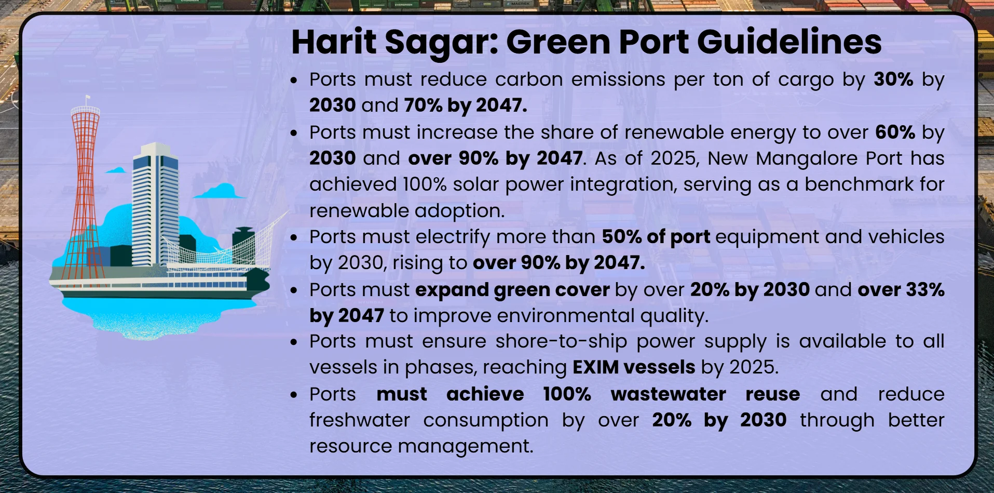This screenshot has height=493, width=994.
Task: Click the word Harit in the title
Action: tap(334, 42)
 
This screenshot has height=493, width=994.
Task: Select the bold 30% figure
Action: tap(893, 79)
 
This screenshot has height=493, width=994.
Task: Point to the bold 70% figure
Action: tap(423, 105)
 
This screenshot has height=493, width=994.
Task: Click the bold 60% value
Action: tap(895, 132)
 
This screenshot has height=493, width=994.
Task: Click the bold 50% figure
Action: tap(621, 237)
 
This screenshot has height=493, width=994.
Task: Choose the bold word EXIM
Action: tap(595, 367)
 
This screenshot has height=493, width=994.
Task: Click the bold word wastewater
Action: tap(668, 394)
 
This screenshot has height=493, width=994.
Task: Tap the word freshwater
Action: tap(359, 420)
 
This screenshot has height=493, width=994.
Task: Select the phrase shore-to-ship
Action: tap(561, 341)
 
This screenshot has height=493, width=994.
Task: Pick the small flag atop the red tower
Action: tap(88, 98)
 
